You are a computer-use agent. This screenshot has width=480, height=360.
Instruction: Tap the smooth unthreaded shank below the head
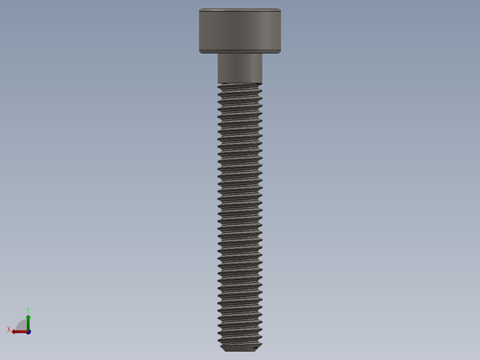[240, 68]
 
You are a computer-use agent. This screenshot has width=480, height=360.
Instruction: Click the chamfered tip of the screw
[240, 348]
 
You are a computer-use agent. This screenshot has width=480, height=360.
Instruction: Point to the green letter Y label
[28, 310]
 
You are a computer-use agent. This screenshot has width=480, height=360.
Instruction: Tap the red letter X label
[9, 330]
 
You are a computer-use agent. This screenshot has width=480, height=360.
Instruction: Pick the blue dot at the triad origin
[28, 332]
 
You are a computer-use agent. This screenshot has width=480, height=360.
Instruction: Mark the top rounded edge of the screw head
[240, 10]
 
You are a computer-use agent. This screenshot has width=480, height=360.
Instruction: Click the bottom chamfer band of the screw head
[240, 51]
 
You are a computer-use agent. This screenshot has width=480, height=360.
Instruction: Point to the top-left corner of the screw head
[200, 9]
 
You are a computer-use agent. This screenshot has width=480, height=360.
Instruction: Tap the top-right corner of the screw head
[280, 9]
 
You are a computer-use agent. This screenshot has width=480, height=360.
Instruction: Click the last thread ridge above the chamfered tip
[240, 341]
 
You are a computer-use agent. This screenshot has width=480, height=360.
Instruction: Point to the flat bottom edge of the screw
[240, 351]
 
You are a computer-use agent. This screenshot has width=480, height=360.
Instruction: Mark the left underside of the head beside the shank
[208, 53]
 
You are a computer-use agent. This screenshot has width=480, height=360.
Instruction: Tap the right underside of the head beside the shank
[271, 53]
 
